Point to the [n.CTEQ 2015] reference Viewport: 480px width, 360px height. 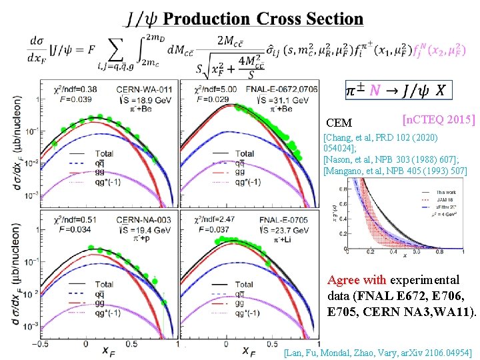(439, 120)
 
